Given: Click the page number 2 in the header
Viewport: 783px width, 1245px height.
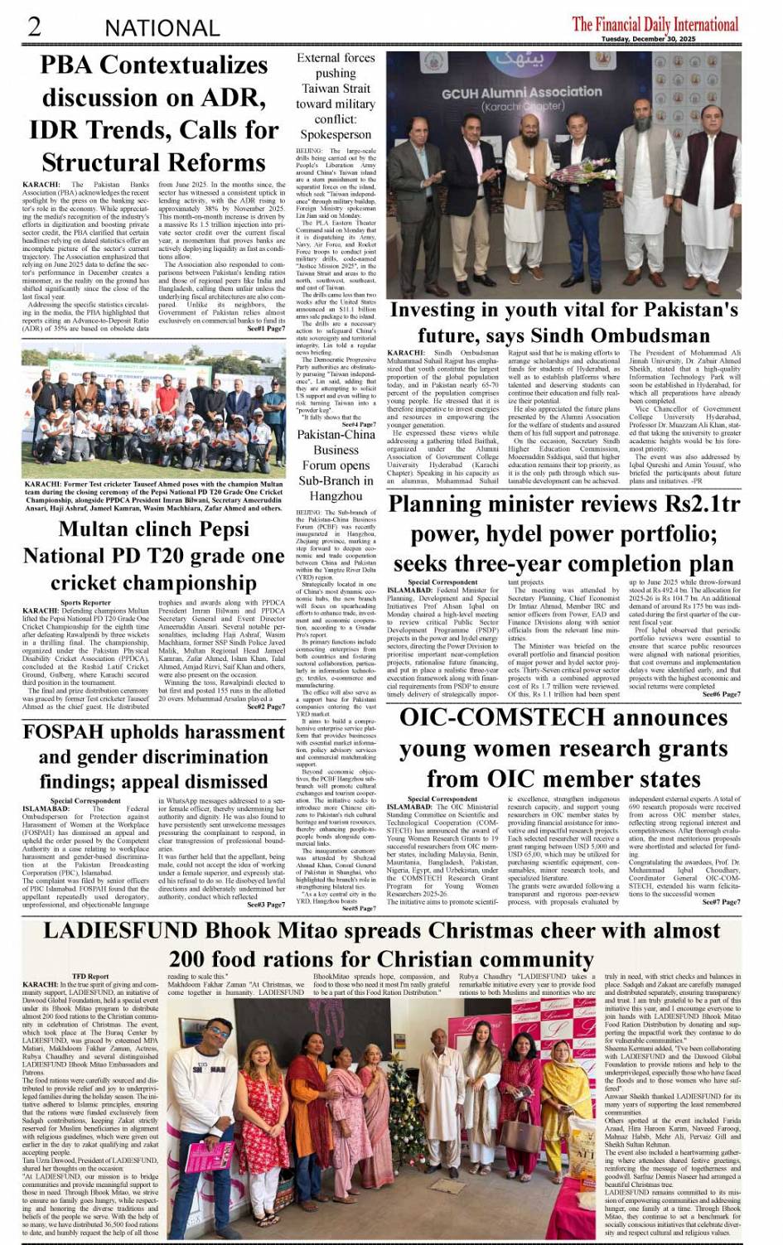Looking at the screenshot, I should point(34,26).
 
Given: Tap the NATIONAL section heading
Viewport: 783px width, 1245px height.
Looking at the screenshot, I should point(162,27).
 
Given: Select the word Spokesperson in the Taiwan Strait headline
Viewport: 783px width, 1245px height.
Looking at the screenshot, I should point(336,134).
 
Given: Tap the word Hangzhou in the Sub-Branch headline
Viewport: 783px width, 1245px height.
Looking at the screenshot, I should point(336,495).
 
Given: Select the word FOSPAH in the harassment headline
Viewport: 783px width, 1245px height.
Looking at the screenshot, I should point(70,732).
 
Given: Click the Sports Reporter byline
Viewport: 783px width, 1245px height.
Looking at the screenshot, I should point(85,603).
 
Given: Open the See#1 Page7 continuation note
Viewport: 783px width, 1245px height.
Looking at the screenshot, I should point(267,329).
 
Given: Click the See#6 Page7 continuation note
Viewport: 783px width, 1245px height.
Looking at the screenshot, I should point(721,694).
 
